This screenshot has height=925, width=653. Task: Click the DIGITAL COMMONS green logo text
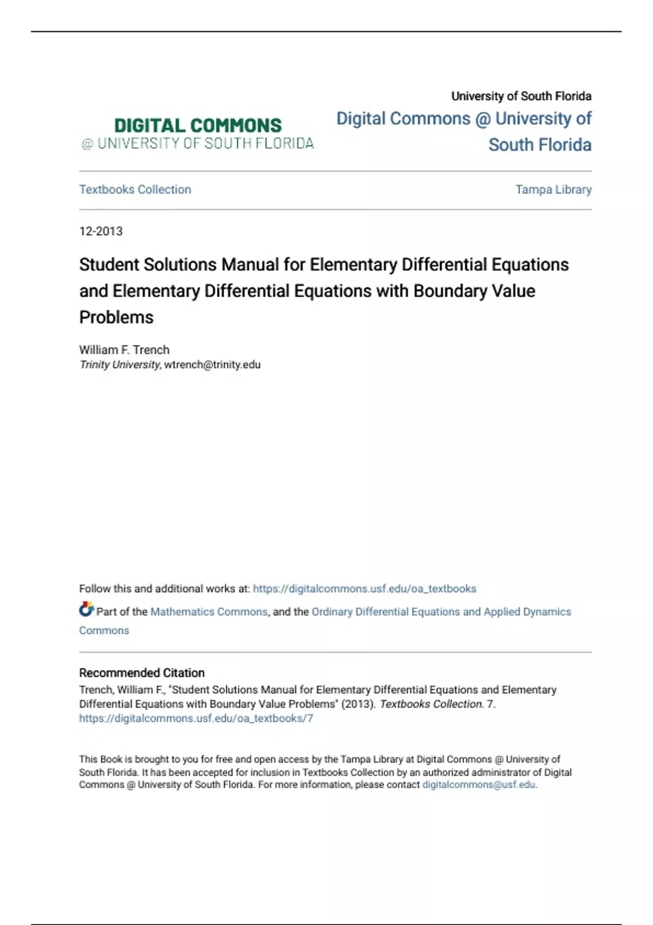click(198, 126)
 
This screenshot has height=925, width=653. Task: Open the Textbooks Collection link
click(135, 189)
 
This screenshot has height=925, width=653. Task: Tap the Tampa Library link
click(553, 189)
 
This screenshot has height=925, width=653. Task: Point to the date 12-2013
click(101, 231)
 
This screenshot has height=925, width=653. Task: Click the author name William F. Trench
click(124, 350)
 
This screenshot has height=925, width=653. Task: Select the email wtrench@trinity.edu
click(212, 365)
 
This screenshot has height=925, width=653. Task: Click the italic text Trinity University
click(120, 365)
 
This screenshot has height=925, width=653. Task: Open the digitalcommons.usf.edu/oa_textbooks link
click(365, 589)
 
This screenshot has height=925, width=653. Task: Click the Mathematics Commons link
click(209, 612)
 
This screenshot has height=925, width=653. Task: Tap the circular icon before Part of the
click(86, 609)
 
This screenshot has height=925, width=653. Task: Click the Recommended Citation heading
click(141, 673)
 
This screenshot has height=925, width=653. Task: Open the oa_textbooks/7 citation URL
click(196, 718)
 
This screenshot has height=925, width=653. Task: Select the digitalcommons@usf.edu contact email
click(479, 785)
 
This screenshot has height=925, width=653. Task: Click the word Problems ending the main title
click(116, 317)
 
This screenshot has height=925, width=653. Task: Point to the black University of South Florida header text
click(521, 96)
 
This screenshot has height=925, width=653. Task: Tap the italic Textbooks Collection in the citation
click(431, 704)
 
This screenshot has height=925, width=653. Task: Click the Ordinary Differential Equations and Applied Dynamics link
click(441, 612)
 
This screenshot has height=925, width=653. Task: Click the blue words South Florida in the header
click(539, 145)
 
